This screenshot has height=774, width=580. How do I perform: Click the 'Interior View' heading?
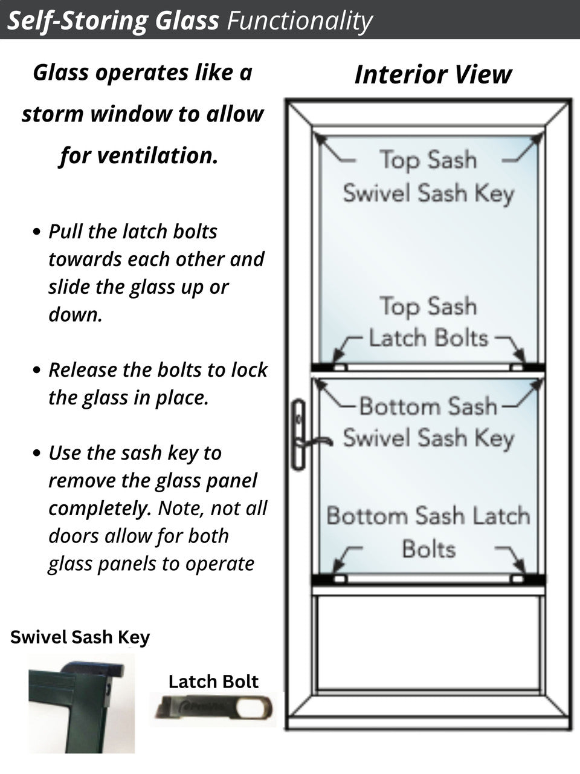pyautogui.click(x=433, y=74)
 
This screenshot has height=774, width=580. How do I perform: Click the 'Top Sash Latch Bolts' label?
pyautogui.click(x=428, y=322)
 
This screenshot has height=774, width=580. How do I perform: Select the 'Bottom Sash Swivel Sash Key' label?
pyautogui.click(x=428, y=422)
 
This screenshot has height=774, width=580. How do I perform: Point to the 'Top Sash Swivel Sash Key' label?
pyautogui.click(x=428, y=176)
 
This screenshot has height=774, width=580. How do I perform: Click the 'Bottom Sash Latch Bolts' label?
pyautogui.click(x=428, y=532)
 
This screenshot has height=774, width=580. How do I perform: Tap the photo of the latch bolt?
pyautogui.click(x=214, y=708)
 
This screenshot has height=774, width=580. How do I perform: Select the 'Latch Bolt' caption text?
pyautogui.click(x=213, y=681)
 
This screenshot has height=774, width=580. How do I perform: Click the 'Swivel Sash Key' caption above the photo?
pyautogui.click(x=80, y=637)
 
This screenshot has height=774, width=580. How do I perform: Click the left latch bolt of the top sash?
pyautogui.click(x=340, y=367)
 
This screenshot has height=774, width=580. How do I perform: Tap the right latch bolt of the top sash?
pyautogui.click(x=517, y=367)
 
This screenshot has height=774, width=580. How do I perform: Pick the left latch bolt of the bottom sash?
pyautogui.click(x=340, y=579)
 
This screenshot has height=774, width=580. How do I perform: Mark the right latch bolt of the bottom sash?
pyautogui.click(x=517, y=579)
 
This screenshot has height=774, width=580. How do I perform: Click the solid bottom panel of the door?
pyautogui.click(x=428, y=642)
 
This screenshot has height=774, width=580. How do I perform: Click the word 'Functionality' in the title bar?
pyautogui.click(x=299, y=21)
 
